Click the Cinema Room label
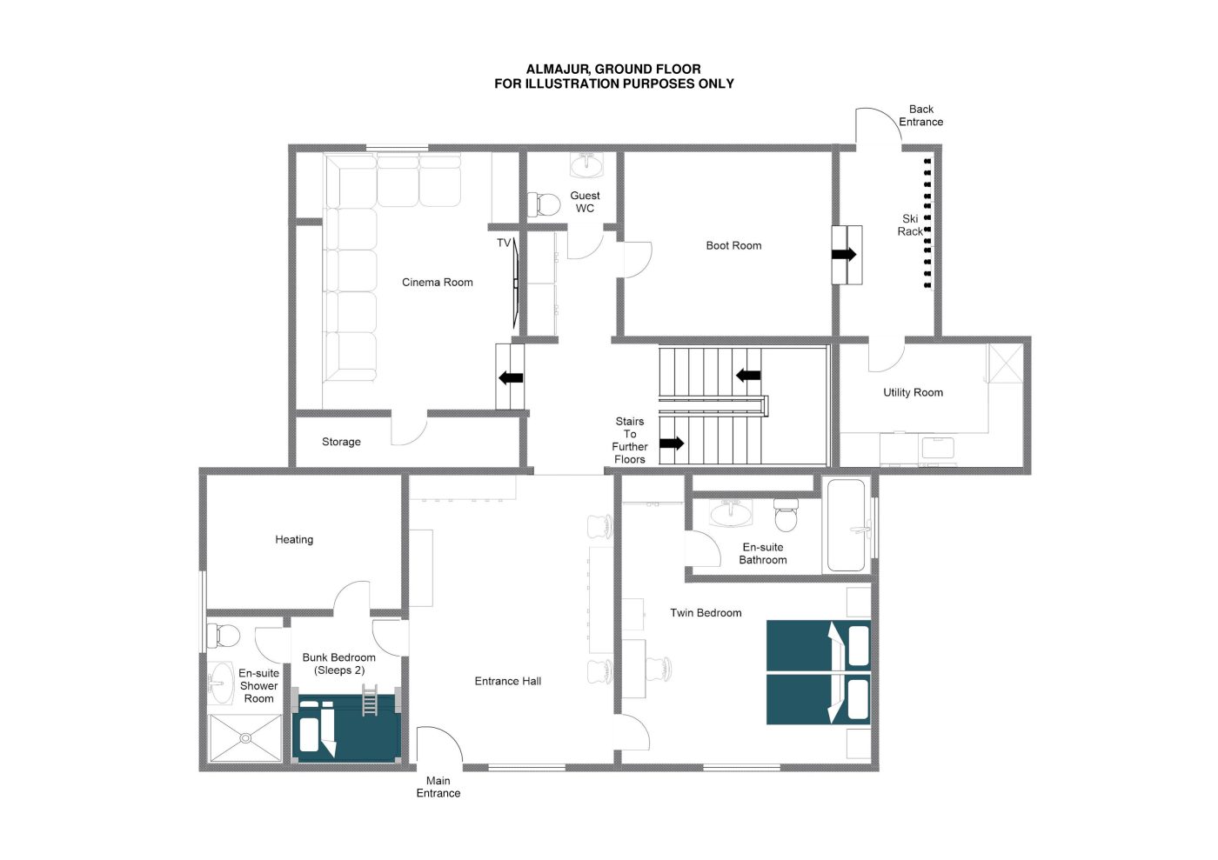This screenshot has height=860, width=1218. pyautogui.click(x=437, y=282)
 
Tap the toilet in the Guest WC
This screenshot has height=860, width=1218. pyautogui.click(x=545, y=205)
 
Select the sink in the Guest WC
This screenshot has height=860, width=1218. pyautogui.click(x=586, y=163)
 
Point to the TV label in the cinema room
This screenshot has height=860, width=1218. pyautogui.click(x=504, y=243)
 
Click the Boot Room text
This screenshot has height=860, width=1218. pyautogui.click(x=733, y=246)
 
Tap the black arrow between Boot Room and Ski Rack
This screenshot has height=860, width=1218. pyautogui.click(x=844, y=254)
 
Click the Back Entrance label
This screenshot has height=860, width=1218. pyautogui.click(x=920, y=116)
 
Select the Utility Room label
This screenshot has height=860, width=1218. pyautogui.click(x=913, y=392)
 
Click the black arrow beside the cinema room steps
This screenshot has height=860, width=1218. pyautogui.click(x=511, y=377)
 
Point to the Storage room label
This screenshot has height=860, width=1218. pyautogui.click(x=341, y=442)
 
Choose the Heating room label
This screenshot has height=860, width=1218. pyautogui.click(x=294, y=539)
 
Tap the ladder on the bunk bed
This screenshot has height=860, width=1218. pyautogui.click(x=370, y=700)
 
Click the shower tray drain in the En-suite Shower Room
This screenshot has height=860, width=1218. pyautogui.click(x=245, y=738)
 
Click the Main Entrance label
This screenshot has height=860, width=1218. pyautogui.click(x=438, y=787)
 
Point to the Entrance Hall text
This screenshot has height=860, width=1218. pyautogui.click(x=508, y=681)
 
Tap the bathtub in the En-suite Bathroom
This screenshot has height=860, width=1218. pyautogui.click(x=846, y=525)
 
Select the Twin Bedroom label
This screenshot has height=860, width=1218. pyautogui.click(x=706, y=613)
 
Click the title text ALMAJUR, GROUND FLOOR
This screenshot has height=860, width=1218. pyautogui.click(x=613, y=69)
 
